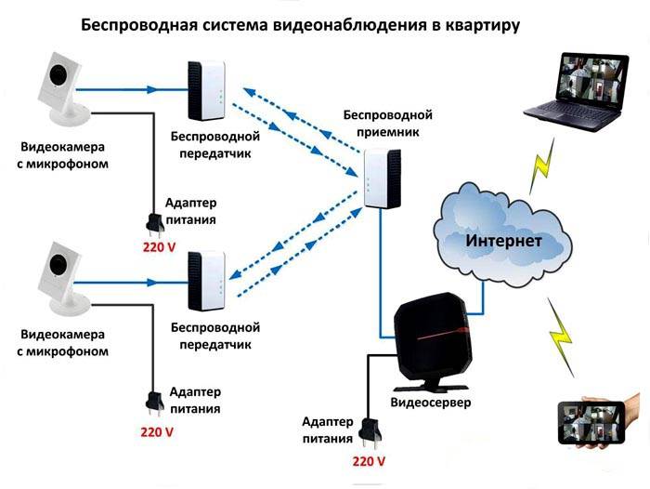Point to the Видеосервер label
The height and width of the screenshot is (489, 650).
(x=430, y=404)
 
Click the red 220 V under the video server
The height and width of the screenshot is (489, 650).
(x=369, y=461)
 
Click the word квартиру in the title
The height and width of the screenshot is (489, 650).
(x=482, y=25)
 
